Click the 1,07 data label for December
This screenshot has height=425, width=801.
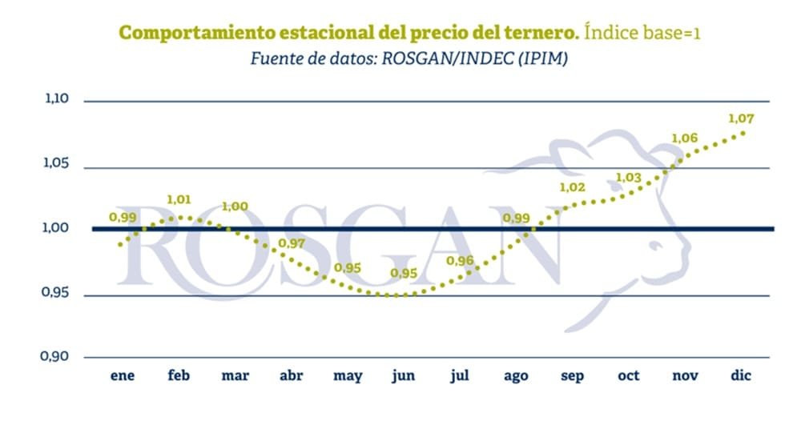coord(741,118)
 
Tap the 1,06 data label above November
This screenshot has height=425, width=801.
coord(684,138)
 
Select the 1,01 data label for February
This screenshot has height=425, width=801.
coord(179,199)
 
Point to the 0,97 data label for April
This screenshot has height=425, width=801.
coord(292,243)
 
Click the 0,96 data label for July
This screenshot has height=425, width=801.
coord(460,261)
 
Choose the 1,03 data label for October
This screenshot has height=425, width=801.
coord(629,178)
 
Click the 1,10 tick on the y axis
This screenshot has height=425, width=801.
coord(56,100)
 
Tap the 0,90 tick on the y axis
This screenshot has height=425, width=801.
coord(56,356)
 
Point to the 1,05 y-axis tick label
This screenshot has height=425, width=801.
coord(56,165)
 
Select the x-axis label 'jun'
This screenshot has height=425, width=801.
coord(404,376)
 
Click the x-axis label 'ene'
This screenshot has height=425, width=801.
coord(123,375)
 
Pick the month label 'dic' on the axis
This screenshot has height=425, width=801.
coord(741,375)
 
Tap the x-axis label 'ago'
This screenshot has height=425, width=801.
coord(516,376)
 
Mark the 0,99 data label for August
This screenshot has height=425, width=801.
coord(516,218)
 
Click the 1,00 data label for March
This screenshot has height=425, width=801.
coord(235,206)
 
